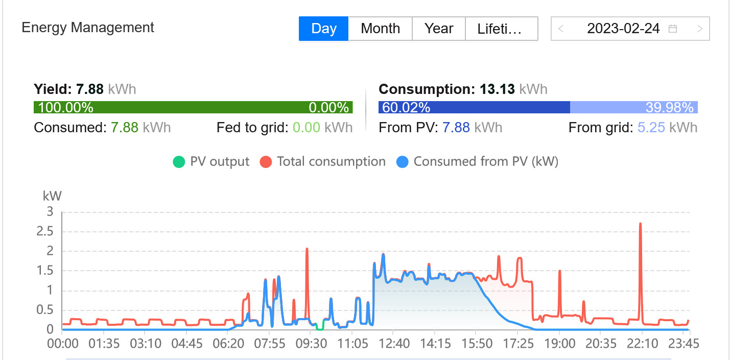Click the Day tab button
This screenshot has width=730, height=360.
(x=323, y=29)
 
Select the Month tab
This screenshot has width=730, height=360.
(x=380, y=29)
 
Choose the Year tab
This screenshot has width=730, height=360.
(x=439, y=29)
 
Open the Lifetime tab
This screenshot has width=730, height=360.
(x=501, y=29)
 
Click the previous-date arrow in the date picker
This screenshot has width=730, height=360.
(x=561, y=29)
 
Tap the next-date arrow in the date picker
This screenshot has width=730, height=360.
(x=700, y=29)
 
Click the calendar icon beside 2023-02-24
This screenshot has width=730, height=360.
(x=673, y=29)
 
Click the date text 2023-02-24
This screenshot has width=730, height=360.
(x=623, y=29)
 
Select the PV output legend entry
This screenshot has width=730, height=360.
(x=211, y=162)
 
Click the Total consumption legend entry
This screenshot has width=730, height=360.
(x=323, y=162)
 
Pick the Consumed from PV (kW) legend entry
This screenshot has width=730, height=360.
(x=477, y=162)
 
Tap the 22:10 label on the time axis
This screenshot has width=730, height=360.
(x=642, y=343)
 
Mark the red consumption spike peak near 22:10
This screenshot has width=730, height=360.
(x=640, y=224)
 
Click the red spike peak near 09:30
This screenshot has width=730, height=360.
(x=307, y=249)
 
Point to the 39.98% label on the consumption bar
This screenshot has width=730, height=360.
(x=669, y=108)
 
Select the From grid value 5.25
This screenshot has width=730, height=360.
(x=651, y=127)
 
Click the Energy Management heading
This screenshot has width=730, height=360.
(x=88, y=27)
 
